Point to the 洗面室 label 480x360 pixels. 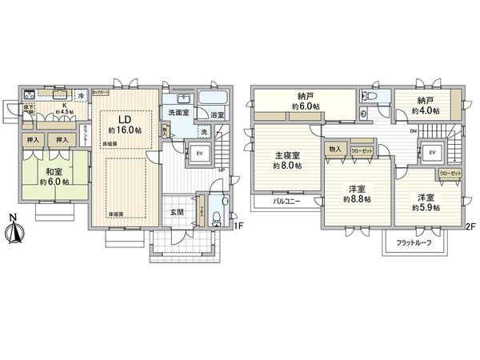(178, 113)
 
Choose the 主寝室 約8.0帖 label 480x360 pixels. (286, 160)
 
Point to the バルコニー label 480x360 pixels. (286, 202)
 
